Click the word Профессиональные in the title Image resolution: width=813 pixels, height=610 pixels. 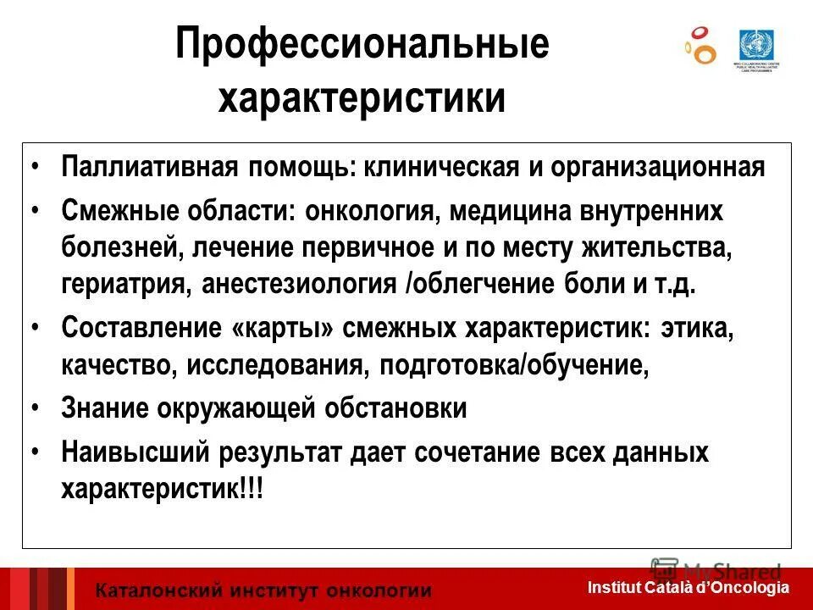click(x=362, y=45)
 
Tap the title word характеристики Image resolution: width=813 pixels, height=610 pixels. click(x=362, y=98)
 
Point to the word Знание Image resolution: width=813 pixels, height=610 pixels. click(x=105, y=408)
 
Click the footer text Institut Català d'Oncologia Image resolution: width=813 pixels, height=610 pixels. click(x=688, y=587)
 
